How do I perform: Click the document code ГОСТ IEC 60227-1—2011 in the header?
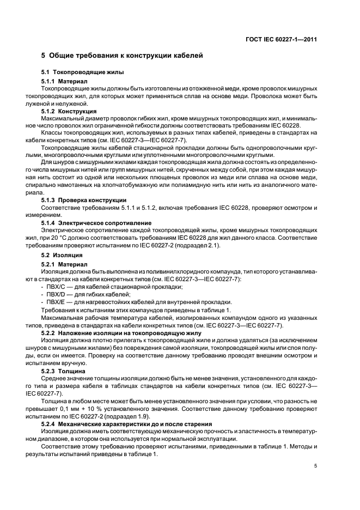pyautogui.click(x=282, y=39)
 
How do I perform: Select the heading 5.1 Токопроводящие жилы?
pyautogui.click(x=83, y=72)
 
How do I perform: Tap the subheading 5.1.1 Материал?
pyautogui.click(x=64, y=81)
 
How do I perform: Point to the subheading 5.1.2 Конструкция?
pyautogui.click(x=69, y=111)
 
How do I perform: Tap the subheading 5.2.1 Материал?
pyautogui.click(x=64, y=264)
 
